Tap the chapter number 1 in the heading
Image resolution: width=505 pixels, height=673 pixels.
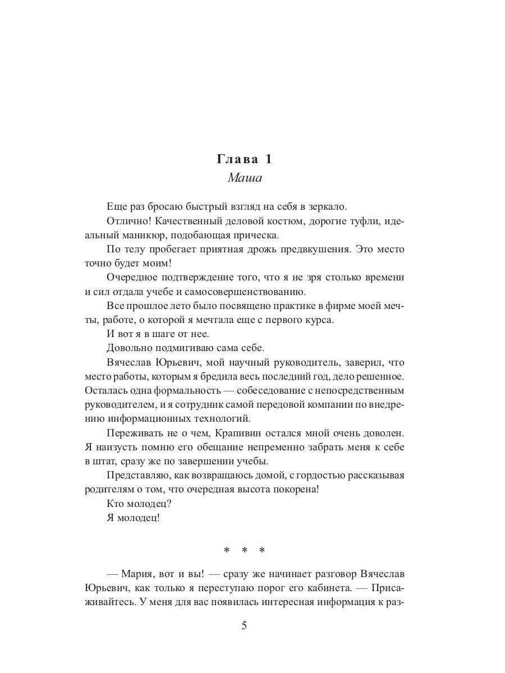[268, 159]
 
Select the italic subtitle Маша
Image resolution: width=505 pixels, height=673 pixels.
[245, 178]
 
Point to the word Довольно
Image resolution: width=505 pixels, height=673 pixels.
[127, 348]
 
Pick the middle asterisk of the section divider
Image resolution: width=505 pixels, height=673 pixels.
[244, 551]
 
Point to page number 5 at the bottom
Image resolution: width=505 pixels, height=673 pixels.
[244, 626]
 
